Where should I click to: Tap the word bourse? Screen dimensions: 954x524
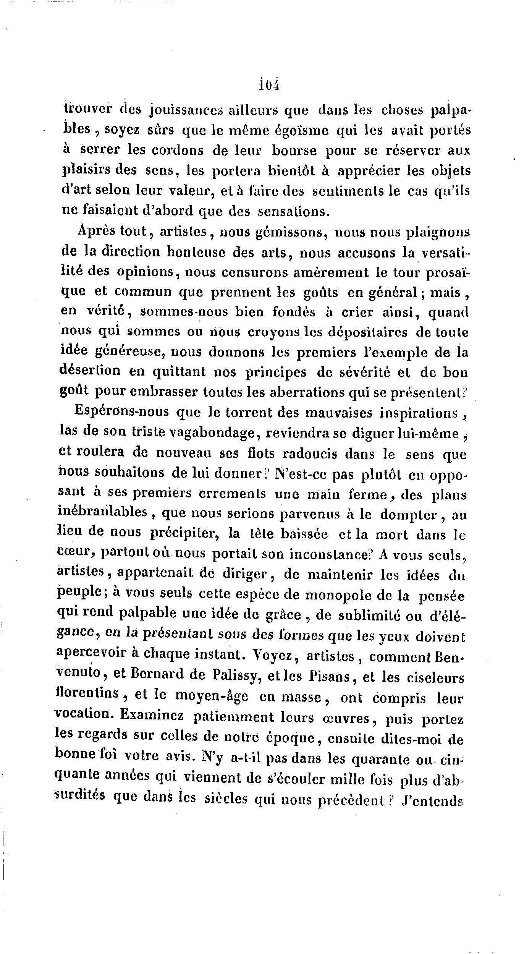pyautogui.click(x=294, y=151)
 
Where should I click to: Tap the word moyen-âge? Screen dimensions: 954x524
pyautogui.click(x=211, y=696)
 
